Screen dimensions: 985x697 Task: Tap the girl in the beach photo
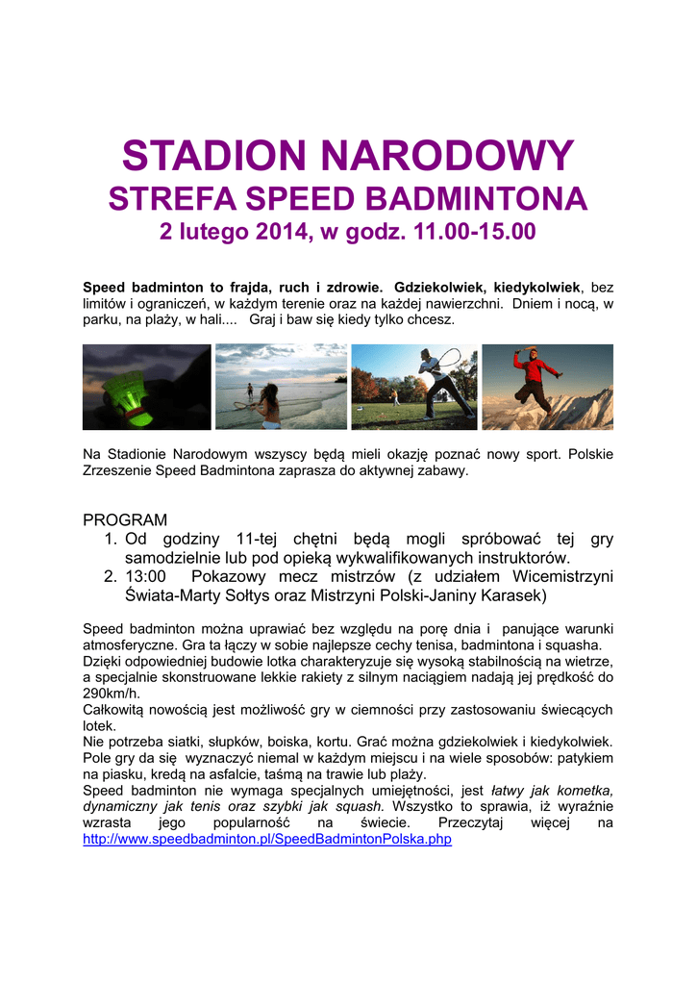(267, 404)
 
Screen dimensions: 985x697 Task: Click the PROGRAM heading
(125, 519)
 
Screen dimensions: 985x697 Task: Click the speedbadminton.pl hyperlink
(267, 839)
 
